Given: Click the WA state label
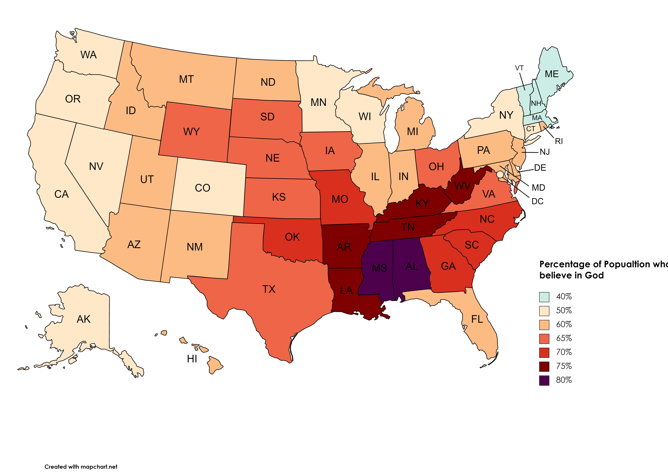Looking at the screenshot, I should [88, 55].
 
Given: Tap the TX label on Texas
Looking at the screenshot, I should [269, 289].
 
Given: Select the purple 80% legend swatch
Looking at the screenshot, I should [544, 380].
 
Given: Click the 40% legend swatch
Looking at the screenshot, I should [544, 297].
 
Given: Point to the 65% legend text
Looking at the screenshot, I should [564, 338].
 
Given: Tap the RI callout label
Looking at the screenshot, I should [559, 141].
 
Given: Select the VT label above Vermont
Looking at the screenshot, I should [519, 68].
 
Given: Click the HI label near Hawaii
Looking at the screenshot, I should [192, 359].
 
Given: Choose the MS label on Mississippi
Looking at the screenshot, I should [379, 268].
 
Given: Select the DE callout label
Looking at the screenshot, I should [540, 168].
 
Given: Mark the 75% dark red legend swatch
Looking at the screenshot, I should [544, 366].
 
